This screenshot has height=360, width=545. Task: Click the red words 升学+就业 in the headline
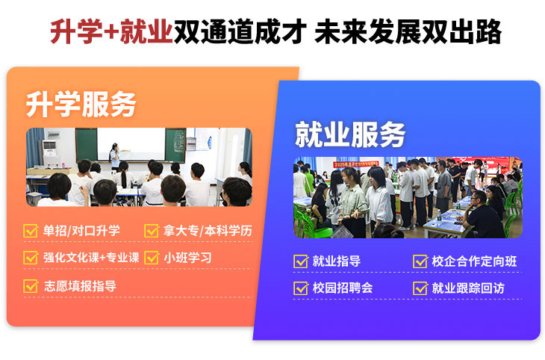(111, 31)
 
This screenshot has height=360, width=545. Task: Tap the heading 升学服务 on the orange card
(81, 105)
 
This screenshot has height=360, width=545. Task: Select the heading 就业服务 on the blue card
(350, 134)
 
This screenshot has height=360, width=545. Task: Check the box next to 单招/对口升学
(31, 231)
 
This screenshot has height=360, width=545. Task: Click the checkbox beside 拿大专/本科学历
(152, 231)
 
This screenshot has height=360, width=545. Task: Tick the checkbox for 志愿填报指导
(31, 286)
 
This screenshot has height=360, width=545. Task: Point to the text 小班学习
(187, 258)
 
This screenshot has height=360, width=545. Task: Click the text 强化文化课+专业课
(91, 258)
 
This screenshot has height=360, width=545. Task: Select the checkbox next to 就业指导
(301, 261)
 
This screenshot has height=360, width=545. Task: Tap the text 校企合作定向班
(474, 261)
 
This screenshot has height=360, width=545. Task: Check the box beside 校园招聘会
(301, 288)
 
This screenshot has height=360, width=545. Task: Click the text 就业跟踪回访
(468, 288)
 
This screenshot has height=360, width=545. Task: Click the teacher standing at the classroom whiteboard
(115, 156)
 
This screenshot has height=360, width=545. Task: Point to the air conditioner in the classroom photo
(49, 152)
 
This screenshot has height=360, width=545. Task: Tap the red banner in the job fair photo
(356, 164)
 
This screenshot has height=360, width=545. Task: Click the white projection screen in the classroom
(131, 144)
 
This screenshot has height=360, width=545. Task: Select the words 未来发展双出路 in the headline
(408, 31)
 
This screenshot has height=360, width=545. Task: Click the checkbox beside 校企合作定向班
(420, 261)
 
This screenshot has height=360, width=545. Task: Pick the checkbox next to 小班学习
(152, 258)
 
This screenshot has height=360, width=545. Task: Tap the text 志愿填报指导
(80, 286)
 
